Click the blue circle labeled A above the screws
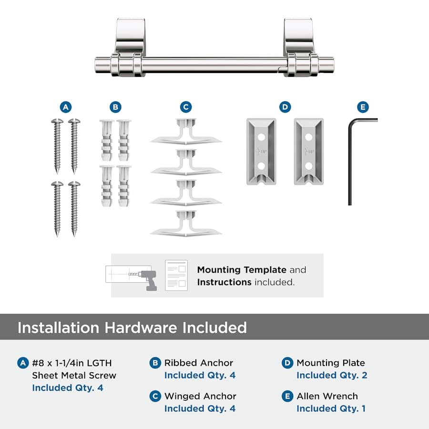tap(66, 107)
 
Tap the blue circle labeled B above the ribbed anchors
tap(115, 107)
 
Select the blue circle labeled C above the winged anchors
tap(186, 107)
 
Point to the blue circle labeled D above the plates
tap(285, 107)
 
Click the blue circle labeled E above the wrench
tap(363, 107)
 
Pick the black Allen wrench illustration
tap(350, 162)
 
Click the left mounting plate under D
tap(261, 151)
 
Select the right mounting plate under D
tap(309, 151)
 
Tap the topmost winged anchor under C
tap(186, 132)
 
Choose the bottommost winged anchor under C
tap(186, 224)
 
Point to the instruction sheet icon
tap(176, 275)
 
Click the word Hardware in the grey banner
tap(141, 327)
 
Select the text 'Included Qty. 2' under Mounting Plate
tap(332, 375)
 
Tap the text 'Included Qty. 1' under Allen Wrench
tap(331, 409)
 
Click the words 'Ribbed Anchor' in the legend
tap(199, 363)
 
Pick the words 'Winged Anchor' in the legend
tap(200, 396)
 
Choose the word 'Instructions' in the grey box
tap(224, 282)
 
